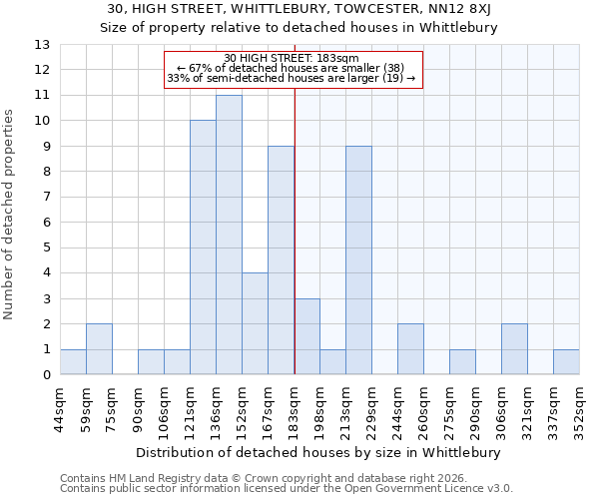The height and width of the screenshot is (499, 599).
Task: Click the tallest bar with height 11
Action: (229, 235)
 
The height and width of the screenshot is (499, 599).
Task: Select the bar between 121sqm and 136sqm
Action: (203, 248)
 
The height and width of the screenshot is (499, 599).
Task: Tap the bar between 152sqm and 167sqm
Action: (255, 323)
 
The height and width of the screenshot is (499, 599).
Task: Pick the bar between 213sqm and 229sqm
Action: (358, 259)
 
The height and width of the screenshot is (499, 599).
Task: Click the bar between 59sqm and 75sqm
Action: (99, 349)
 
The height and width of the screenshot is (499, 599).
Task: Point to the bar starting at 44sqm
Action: (73, 362)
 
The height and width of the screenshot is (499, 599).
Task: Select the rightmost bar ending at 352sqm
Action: (566, 362)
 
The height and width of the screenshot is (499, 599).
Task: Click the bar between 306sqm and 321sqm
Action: (514, 349)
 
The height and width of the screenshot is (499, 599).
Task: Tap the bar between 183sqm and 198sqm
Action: (306, 336)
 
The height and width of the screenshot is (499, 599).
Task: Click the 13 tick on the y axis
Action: (42, 45)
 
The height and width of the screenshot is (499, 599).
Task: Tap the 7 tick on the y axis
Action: (46, 197)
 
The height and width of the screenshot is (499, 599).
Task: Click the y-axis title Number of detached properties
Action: (9, 210)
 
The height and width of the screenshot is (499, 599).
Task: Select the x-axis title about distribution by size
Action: (319, 452)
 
